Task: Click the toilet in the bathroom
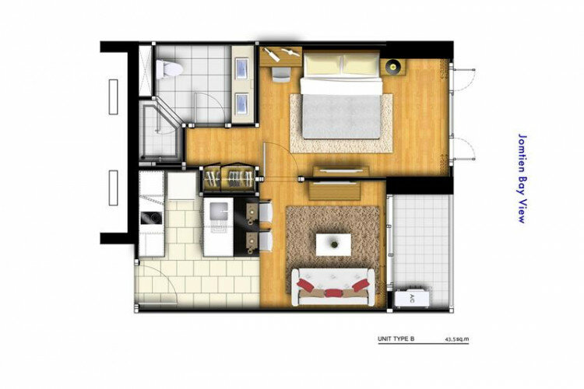tap(169, 69)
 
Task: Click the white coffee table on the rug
tap(333, 244)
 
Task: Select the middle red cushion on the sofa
tap(332, 293)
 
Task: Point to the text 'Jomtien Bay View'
tap(523, 178)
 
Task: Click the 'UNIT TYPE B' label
tap(396, 338)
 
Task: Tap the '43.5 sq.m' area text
tap(456, 339)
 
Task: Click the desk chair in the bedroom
tap(281, 74)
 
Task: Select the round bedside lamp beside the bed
tap(392, 67)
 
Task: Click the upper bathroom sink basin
tap(243, 69)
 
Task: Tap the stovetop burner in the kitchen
tap(152, 218)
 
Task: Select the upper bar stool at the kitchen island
tap(266, 212)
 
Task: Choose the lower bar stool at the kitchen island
tap(266, 240)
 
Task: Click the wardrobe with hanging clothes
tap(230, 178)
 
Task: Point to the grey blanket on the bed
tap(342, 117)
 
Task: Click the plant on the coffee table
tap(335, 244)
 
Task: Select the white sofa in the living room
tap(333, 286)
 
